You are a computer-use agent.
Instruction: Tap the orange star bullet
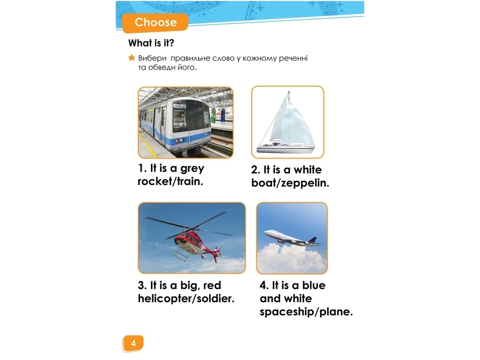coord(132,58)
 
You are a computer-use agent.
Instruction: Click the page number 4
coord(133,343)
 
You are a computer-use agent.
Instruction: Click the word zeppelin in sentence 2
coord(305,184)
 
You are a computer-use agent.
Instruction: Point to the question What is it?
coord(151,43)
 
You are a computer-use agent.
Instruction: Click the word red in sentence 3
coord(212,285)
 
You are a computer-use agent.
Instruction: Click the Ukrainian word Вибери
coord(152,58)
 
